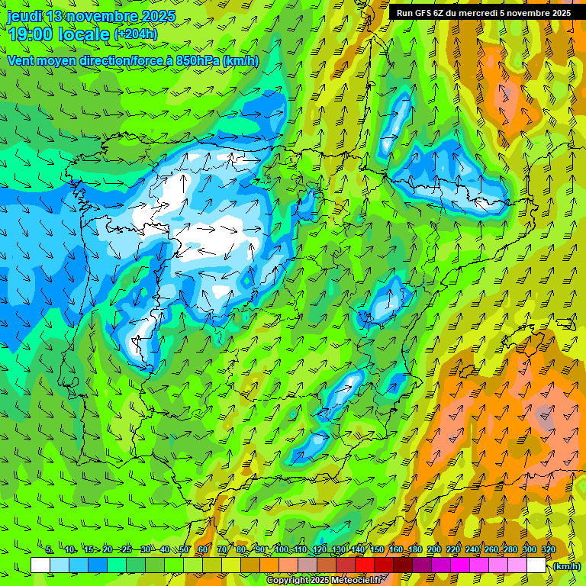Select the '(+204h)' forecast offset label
[x=135, y=34]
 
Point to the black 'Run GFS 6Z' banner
[x=483, y=13]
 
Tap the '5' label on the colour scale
[x=49, y=550]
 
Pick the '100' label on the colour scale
[x=282, y=550]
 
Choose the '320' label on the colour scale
[x=548, y=550]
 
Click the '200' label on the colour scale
[x=434, y=550]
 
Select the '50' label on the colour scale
[x=184, y=550]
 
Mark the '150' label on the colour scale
[x=377, y=550]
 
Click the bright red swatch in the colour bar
[x=364, y=565]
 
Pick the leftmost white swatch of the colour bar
[x=40, y=565]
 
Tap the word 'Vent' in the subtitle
[x=21, y=60]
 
